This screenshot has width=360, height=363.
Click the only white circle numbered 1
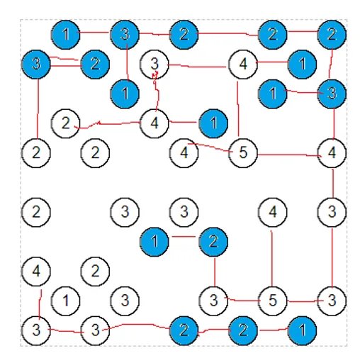click(x=66, y=301)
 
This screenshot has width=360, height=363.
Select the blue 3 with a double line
click(x=36, y=64)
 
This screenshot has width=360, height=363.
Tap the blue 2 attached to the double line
click(x=95, y=64)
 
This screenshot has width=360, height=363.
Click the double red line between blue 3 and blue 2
click(x=65, y=62)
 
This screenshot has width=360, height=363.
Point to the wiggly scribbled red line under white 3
click(x=156, y=91)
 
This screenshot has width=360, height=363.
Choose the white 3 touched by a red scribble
click(x=154, y=64)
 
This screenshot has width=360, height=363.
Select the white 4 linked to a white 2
click(x=154, y=123)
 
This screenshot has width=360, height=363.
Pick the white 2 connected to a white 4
click(x=66, y=123)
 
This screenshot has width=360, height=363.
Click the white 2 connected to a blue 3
click(x=36, y=153)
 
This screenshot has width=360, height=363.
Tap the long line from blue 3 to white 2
click(x=38, y=108)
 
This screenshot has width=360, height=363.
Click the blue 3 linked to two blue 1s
click(x=125, y=35)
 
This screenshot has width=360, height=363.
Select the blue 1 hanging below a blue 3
click(x=125, y=94)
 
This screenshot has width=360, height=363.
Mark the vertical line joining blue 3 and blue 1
click(x=128, y=62)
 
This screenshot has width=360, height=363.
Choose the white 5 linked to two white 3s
click(x=273, y=301)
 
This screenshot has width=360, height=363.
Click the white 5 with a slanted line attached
click(x=243, y=153)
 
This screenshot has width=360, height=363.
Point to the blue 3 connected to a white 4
click(x=332, y=94)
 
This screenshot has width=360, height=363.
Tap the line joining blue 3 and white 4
click(x=334, y=123)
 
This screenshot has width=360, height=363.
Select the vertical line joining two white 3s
click(x=332, y=257)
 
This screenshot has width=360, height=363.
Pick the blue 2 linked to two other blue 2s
click(x=273, y=35)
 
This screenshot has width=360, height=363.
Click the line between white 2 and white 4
click(x=108, y=124)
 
